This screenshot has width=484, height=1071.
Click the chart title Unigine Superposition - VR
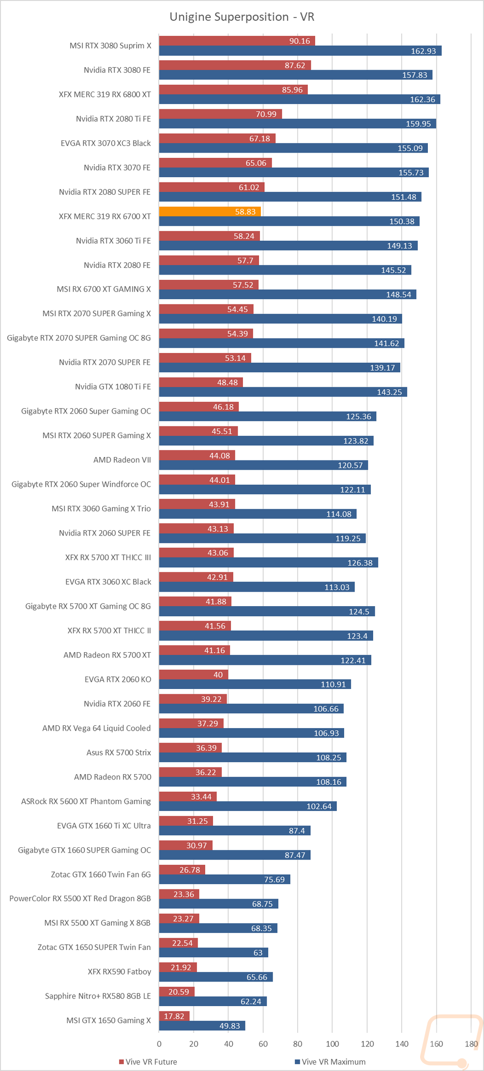(242, 17)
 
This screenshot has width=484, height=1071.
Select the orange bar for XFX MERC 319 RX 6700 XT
(210, 212)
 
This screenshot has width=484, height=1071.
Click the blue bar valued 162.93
(300, 51)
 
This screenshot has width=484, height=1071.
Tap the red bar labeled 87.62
(235, 65)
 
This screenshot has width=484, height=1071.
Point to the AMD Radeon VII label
(122, 460)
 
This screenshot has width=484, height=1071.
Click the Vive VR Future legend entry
(148, 1062)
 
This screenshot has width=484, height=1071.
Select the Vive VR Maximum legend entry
(330, 1062)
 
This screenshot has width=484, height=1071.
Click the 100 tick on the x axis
(333, 1043)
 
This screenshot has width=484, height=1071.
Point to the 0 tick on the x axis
(159, 1043)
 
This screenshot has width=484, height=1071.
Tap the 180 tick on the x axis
(471, 1043)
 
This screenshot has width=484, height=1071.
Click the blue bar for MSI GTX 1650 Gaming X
(202, 1025)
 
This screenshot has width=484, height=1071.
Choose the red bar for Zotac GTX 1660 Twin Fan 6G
(182, 870)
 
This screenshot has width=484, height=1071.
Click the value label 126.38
(360, 563)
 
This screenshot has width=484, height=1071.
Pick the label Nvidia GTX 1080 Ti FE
(113, 387)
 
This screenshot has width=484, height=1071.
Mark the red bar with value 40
(194, 674)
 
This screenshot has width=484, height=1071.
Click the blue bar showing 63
(213, 952)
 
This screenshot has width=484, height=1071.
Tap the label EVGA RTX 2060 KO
(118, 679)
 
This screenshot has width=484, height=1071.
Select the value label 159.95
(418, 124)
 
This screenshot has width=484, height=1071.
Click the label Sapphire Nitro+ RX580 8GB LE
(98, 996)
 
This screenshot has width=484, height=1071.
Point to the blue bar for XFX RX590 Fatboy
(216, 977)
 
